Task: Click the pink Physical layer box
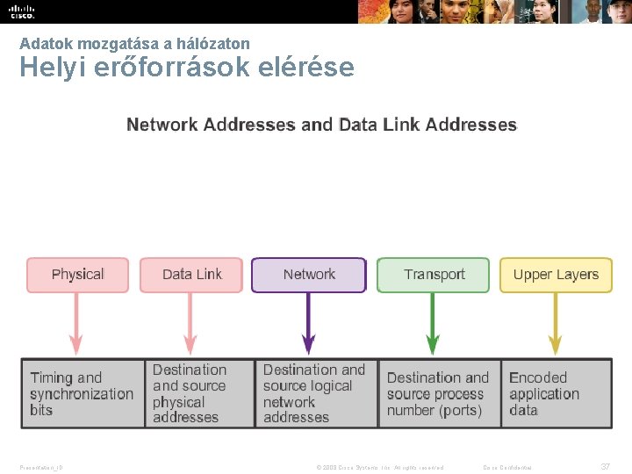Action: [77, 275]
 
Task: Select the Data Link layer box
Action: [191, 275]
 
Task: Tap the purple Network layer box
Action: [309, 275]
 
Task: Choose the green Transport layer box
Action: [434, 275]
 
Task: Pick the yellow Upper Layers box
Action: [556, 275]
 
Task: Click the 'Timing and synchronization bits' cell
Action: [83, 393]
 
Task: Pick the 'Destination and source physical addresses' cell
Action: [200, 393]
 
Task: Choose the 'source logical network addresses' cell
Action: [317, 393]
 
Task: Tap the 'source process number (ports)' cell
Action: [439, 393]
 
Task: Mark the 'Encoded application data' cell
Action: [556, 393]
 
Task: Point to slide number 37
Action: [605, 466]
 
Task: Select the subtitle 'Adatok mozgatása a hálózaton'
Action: [134, 43]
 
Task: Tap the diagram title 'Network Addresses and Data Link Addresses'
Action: [322, 125]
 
